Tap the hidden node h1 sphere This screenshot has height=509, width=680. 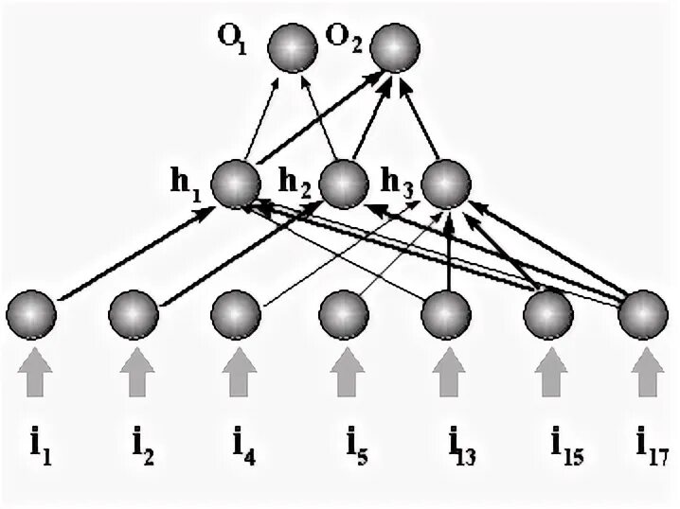[235, 183]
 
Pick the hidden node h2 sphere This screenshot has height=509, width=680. [341, 183]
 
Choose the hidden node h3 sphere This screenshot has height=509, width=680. [445, 183]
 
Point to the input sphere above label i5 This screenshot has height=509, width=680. [343, 313]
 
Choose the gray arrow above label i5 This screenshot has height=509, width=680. [343, 372]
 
